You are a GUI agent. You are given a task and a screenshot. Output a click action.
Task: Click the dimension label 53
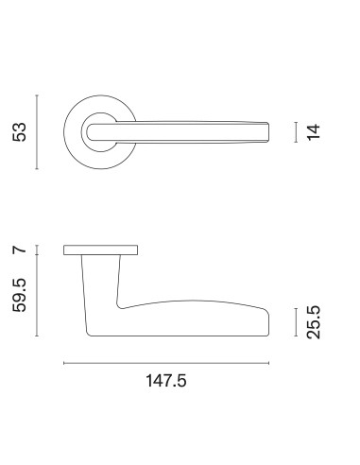coord(19,132)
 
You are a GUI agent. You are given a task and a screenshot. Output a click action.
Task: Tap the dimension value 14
coord(314,132)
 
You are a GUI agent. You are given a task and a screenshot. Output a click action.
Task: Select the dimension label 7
coord(20,250)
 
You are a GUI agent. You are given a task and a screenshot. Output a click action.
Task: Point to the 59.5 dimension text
coord(19,295)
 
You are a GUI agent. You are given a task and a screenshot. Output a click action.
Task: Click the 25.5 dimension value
coord(314,322)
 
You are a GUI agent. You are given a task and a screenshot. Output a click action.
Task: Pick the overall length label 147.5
coord(166,381)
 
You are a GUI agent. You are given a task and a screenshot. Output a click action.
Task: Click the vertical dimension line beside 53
coord(37,132)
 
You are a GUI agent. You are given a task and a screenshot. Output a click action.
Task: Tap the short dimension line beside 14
coord(296,132)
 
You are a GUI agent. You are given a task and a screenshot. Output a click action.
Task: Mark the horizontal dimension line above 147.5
coord(166,363)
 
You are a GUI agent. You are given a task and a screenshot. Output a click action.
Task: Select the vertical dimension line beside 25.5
coord(296,322)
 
